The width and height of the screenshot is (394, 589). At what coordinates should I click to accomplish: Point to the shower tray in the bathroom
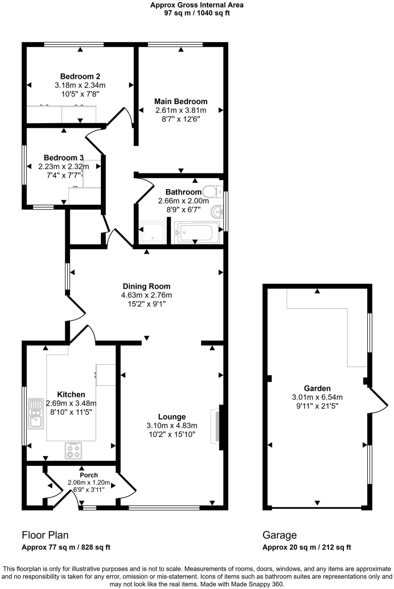tap(153, 232)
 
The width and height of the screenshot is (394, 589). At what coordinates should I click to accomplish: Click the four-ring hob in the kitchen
tap(73, 451)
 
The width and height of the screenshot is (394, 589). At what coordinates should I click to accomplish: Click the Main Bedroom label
tap(181, 101)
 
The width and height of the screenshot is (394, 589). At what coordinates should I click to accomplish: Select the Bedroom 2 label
tap(80, 76)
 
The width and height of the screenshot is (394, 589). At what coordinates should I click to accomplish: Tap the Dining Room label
tap(146, 286)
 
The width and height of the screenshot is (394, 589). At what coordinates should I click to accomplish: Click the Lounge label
tap(172, 417)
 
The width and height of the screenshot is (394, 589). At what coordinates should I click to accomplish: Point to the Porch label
tap(89, 475)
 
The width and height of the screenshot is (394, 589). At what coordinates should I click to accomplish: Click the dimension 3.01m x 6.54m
tap(317, 397)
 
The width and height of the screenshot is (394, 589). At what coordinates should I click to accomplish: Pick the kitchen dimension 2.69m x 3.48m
tap(71, 403)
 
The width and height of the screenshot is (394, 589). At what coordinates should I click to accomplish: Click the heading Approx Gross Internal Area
tap(197, 5)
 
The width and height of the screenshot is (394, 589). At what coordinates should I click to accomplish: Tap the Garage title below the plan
tap(279, 535)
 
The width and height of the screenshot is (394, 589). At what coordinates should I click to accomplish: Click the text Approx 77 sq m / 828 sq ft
tap(66, 547)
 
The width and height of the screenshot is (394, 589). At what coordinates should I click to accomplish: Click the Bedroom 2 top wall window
tap(74, 44)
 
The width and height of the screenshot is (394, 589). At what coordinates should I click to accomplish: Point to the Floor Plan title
tap(45, 535)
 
